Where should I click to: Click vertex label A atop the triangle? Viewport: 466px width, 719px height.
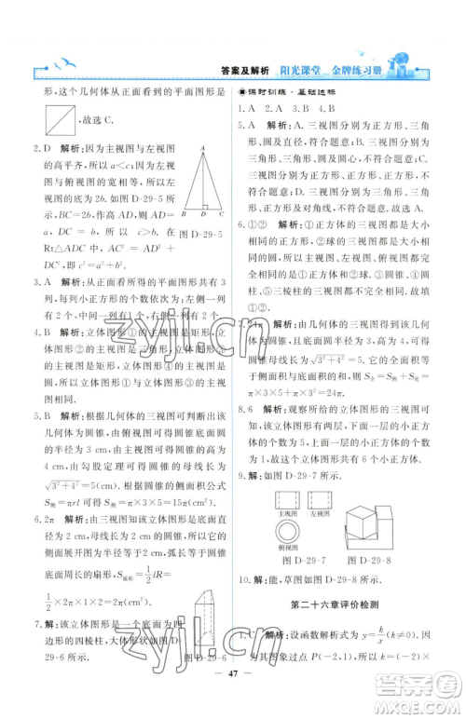pos(202,148)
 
